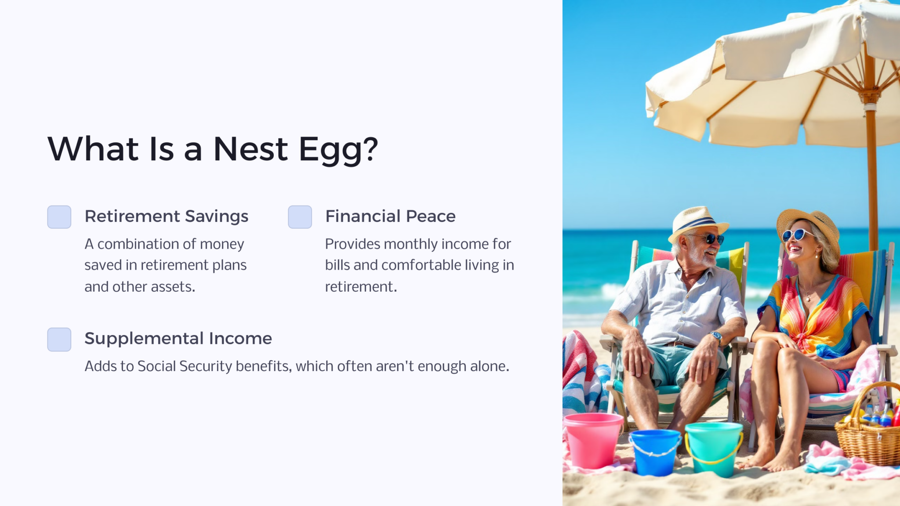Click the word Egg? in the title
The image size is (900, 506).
tap(338, 149)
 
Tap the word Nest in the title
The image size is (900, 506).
tap(250, 149)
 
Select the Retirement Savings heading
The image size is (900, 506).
tap(167, 217)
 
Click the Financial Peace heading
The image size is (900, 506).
tap(390, 216)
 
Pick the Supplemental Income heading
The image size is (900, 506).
tap(178, 339)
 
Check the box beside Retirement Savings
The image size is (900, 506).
tap(59, 217)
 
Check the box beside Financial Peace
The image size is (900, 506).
tap(300, 217)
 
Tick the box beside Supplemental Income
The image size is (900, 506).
tap(59, 340)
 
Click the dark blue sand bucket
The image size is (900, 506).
tap(655, 452)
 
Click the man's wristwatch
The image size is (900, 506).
tap(717, 336)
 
